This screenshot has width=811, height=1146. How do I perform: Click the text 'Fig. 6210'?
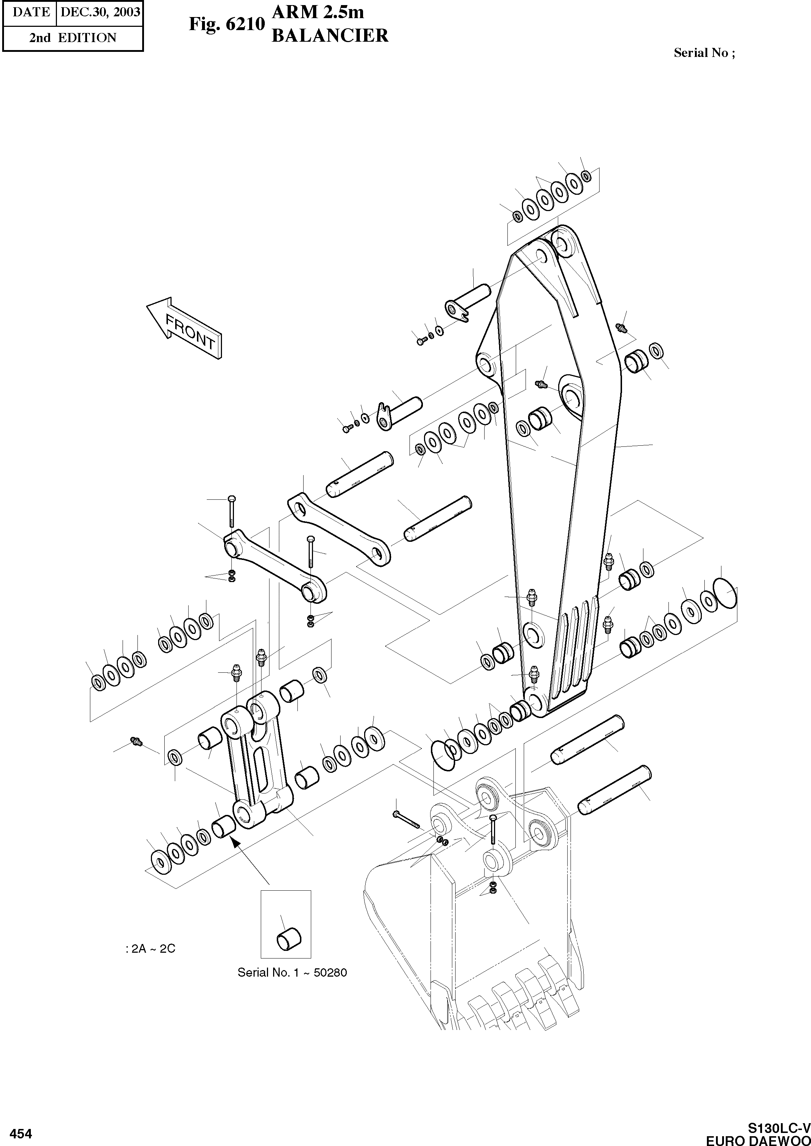[x=226, y=24]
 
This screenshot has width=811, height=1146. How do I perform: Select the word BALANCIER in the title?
[x=330, y=36]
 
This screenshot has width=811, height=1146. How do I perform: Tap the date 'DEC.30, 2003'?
[x=100, y=12]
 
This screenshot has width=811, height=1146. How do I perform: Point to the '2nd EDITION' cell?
[x=73, y=38]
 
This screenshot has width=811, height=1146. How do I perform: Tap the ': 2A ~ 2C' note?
[x=150, y=949]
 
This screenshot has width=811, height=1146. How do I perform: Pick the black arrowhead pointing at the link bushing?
[x=234, y=844]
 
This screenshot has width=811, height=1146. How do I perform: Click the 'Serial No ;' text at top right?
[x=704, y=53]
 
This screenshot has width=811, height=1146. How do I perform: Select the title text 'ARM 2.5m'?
[x=318, y=12]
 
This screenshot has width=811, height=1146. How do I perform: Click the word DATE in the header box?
[x=30, y=12]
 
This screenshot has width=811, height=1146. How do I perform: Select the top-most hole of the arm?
[x=561, y=244]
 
